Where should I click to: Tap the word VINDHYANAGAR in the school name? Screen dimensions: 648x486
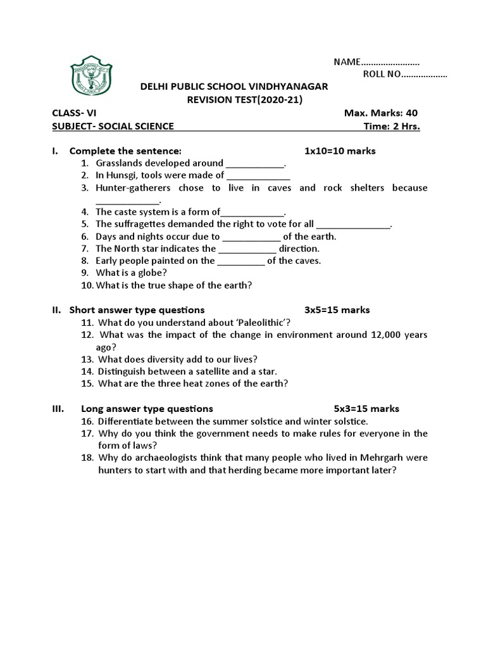coord(287,87)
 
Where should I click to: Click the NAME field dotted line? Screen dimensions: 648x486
coord(390,62)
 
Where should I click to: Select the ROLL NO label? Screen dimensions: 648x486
coord(382,75)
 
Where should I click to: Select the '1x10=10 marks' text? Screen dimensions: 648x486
coord(340,151)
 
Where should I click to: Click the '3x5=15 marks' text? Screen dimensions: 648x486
coord(337,310)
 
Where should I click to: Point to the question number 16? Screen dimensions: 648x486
coord(87,421)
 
